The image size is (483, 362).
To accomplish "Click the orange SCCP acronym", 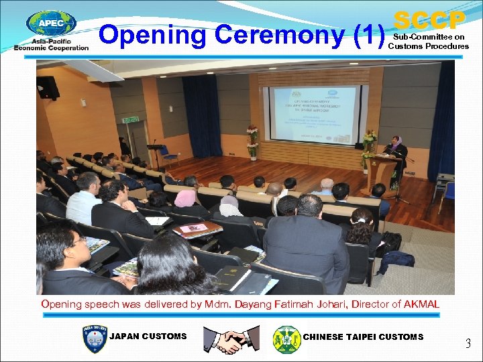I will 429,19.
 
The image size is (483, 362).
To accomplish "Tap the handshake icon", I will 231,339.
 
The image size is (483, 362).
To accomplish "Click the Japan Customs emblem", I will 93,339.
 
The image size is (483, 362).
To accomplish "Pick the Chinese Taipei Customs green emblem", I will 287,339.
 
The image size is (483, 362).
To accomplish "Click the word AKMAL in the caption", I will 421,304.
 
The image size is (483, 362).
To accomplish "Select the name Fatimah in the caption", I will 296,304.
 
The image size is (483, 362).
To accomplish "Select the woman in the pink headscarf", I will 185,199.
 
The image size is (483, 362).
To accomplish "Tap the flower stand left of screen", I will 252,142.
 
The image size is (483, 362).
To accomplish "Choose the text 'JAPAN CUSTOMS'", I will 148,337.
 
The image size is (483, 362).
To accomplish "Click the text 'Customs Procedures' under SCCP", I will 429,46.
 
